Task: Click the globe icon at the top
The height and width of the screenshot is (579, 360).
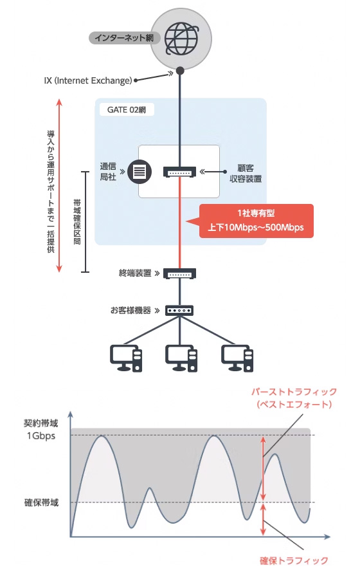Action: (181, 38)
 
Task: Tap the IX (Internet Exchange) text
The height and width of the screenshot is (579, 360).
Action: (88, 80)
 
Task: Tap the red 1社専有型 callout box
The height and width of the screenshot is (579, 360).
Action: (256, 221)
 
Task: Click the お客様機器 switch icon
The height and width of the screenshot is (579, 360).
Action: (180, 310)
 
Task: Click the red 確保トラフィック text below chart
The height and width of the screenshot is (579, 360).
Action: (293, 560)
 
